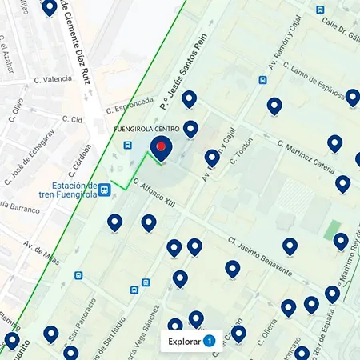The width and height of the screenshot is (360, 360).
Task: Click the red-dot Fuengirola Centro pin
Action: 162,147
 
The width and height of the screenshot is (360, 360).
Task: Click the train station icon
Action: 104,190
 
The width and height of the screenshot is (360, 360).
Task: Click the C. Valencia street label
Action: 52,79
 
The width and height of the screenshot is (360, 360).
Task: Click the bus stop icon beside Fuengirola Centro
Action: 128,145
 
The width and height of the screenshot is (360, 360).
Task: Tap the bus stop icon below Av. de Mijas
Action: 78,275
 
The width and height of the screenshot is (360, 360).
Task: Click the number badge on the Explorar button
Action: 209,342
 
